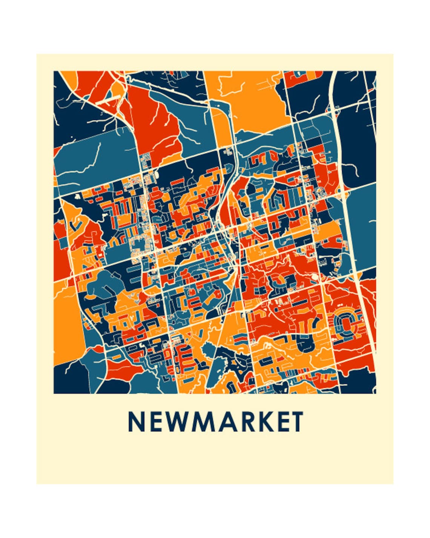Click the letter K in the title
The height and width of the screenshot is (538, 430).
(x=267, y=421)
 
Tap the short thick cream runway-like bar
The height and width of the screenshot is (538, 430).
(x=108, y=100)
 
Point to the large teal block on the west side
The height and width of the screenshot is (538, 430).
(x=94, y=155)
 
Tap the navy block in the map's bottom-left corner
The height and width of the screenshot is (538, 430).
(x=70, y=378)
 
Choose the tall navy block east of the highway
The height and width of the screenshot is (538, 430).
(x=356, y=143)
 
